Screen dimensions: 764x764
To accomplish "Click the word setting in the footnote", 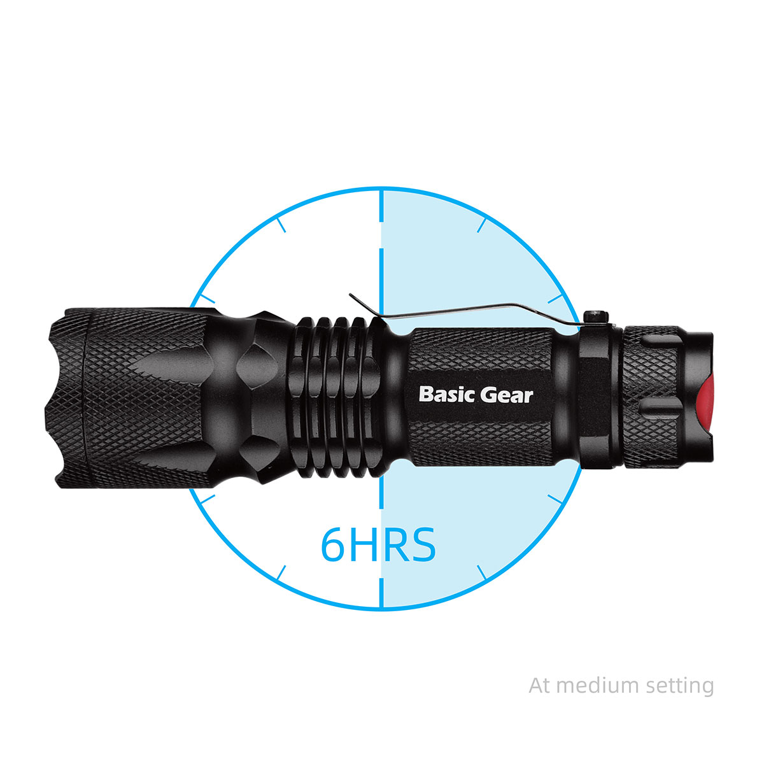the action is (x=679, y=687).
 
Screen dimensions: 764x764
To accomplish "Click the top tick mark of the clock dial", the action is (x=381, y=205).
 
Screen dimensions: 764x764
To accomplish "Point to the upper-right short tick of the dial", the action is (x=481, y=225).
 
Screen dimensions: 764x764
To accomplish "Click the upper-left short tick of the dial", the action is (x=281, y=225).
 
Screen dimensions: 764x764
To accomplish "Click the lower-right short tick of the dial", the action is (x=481, y=572).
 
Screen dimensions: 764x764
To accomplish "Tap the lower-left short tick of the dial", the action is (x=281, y=572).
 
